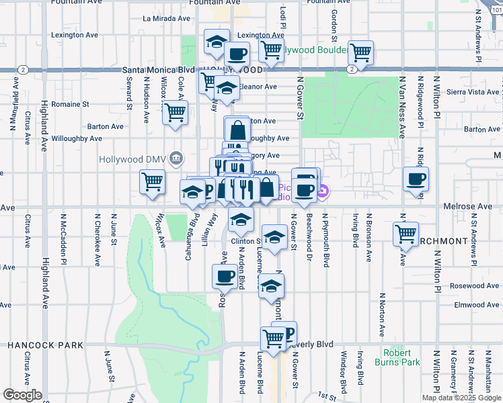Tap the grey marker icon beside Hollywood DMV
click(x=176, y=159)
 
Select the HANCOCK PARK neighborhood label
click(x=46, y=345)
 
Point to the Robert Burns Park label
click(x=401, y=357)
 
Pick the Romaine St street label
click(x=72, y=104)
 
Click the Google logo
click(x=22, y=395)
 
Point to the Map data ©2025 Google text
click(x=461, y=398)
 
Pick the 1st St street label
click(x=327, y=396)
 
